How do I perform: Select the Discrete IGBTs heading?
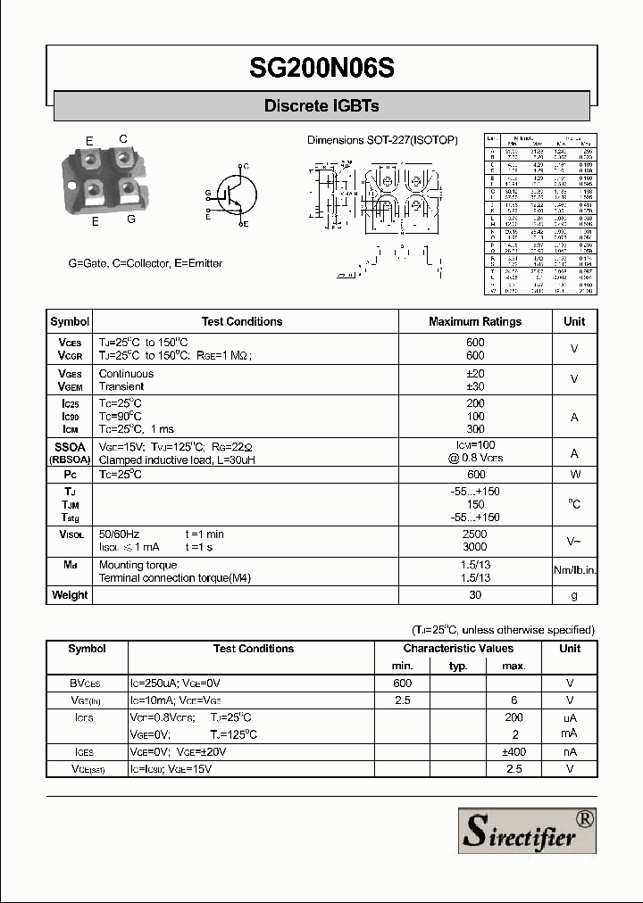pyautogui.click(x=321, y=106)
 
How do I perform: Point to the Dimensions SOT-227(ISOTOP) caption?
pyautogui.click(x=382, y=141)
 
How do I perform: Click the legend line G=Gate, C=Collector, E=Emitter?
pyautogui.click(x=146, y=264)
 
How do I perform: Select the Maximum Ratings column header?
pyautogui.click(x=475, y=322)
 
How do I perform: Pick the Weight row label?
pyautogui.click(x=70, y=595)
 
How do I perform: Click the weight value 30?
pyautogui.click(x=475, y=595)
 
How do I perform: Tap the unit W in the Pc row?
pyautogui.click(x=574, y=475)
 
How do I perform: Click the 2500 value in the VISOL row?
pyautogui.click(x=475, y=534)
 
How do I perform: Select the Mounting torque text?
pyautogui.click(x=138, y=565)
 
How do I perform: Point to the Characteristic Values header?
pyautogui.click(x=458, y=649)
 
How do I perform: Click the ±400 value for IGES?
pyautogui.click(x=514, y=752)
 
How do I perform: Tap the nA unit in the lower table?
pyautogui.click(x=570, y=752)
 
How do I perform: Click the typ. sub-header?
pyautogui.click(x=458, y=666)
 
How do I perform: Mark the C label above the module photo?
pyautogui.click(x=123, y=138)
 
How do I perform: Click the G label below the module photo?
pyautogui.click(x=131, y=220)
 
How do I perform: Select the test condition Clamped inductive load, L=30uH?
pyautogui.click(x=177, y=460)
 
